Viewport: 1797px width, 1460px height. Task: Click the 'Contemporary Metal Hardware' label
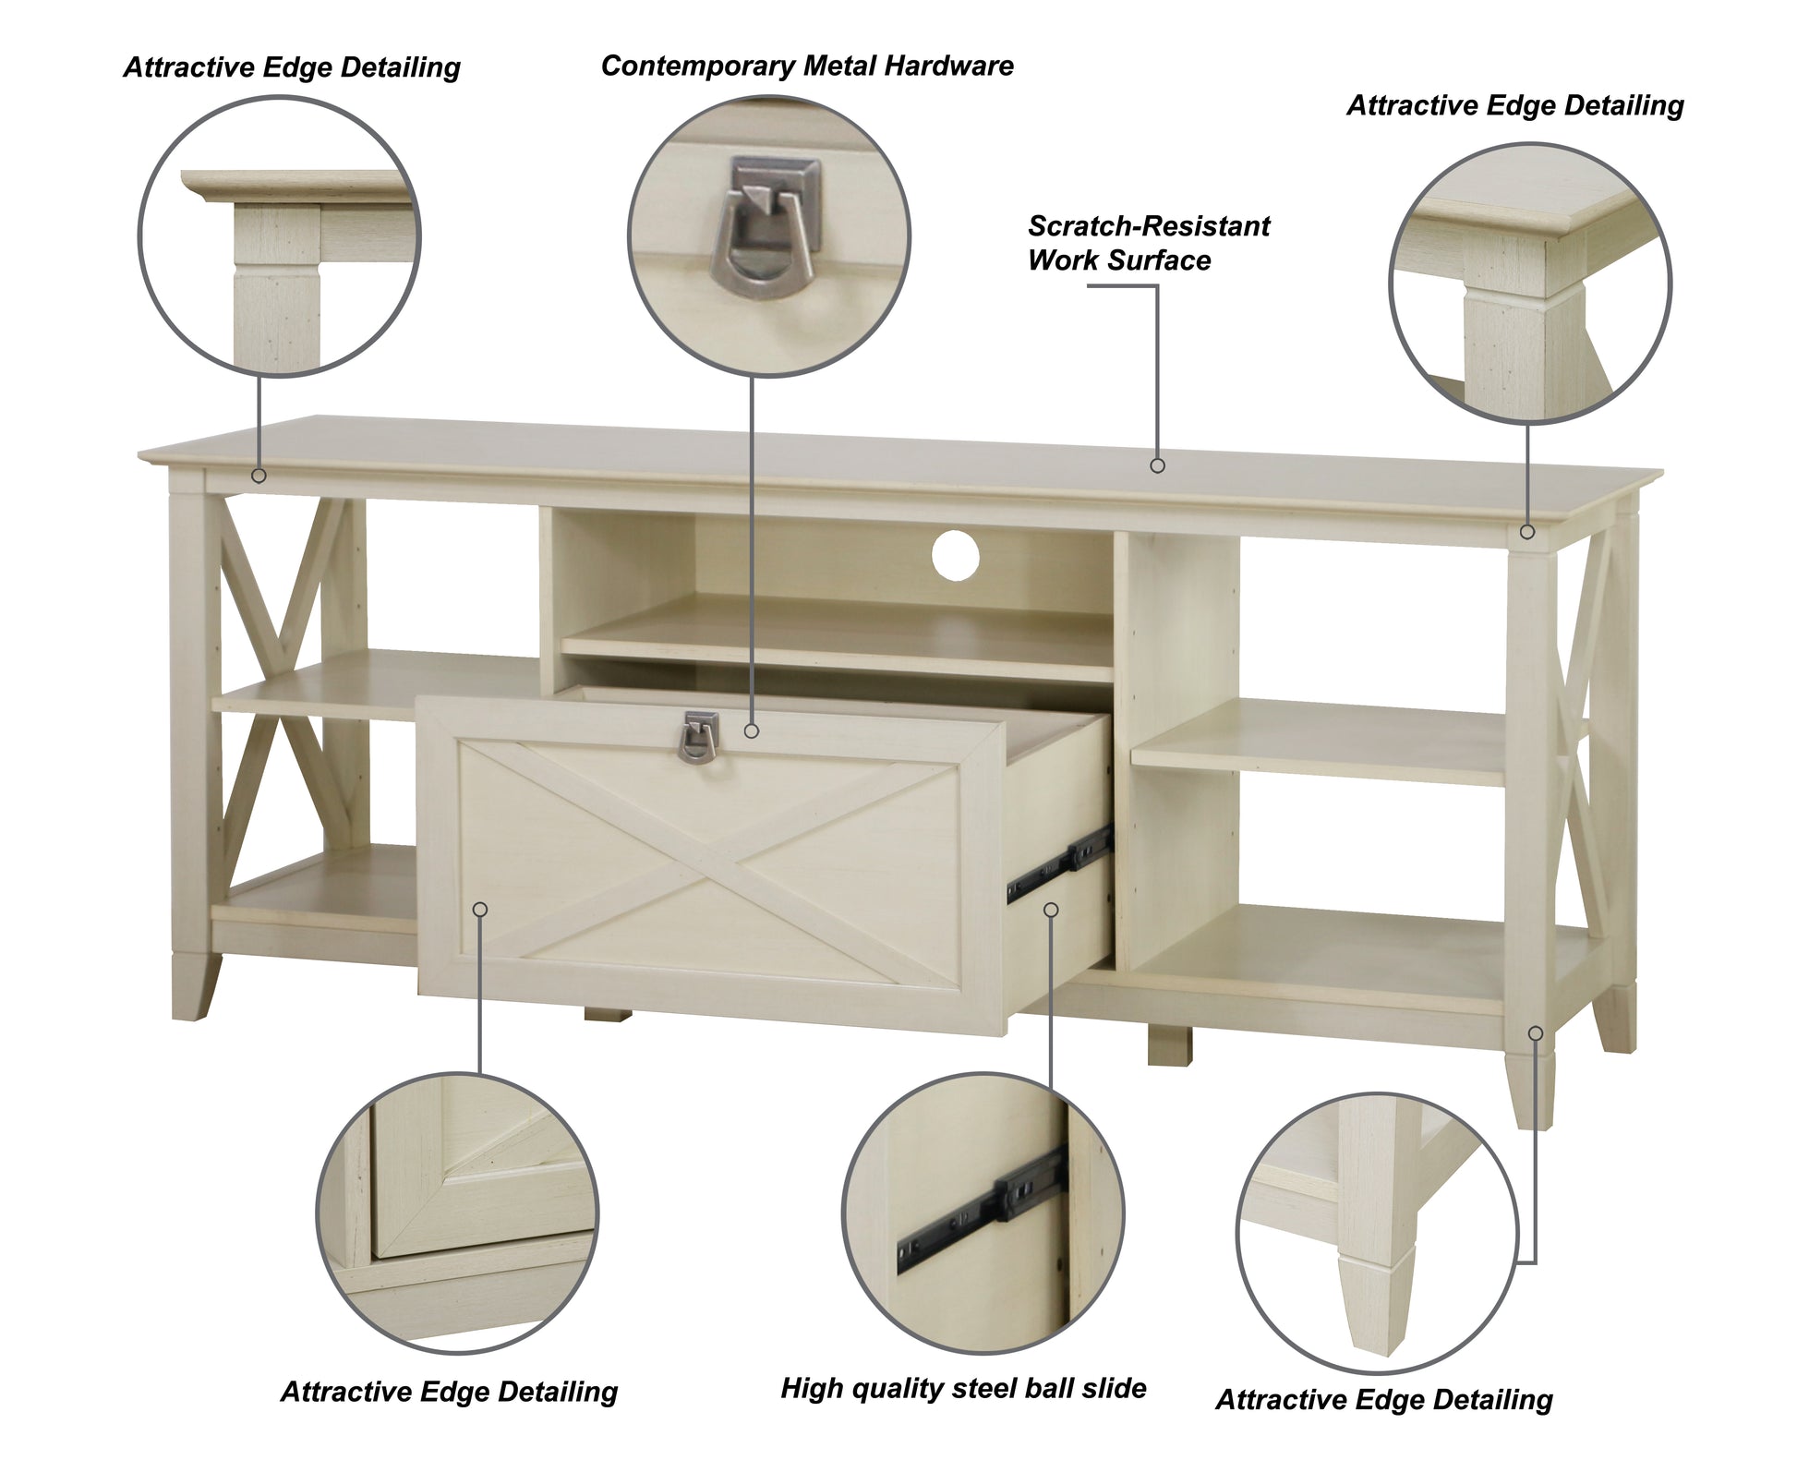(x=807, y=66)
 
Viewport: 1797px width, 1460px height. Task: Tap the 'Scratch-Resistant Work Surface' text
(x=1149, y=243)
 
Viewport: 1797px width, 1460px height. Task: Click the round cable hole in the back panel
(x=955, y=556)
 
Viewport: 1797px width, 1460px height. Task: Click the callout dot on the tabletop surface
(x=1157, y=466)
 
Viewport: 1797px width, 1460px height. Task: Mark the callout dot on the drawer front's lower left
(x=479, y=910)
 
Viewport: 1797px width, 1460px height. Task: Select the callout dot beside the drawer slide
(x=1050, y=910)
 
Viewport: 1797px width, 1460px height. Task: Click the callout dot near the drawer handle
(x=752, y=730)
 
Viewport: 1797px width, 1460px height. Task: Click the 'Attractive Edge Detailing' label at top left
(x=292, y=67)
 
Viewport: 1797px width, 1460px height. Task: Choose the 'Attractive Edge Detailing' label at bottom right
(x=1384, y=1400)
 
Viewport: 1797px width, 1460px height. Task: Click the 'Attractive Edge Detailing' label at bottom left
(x=449, y=1392)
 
